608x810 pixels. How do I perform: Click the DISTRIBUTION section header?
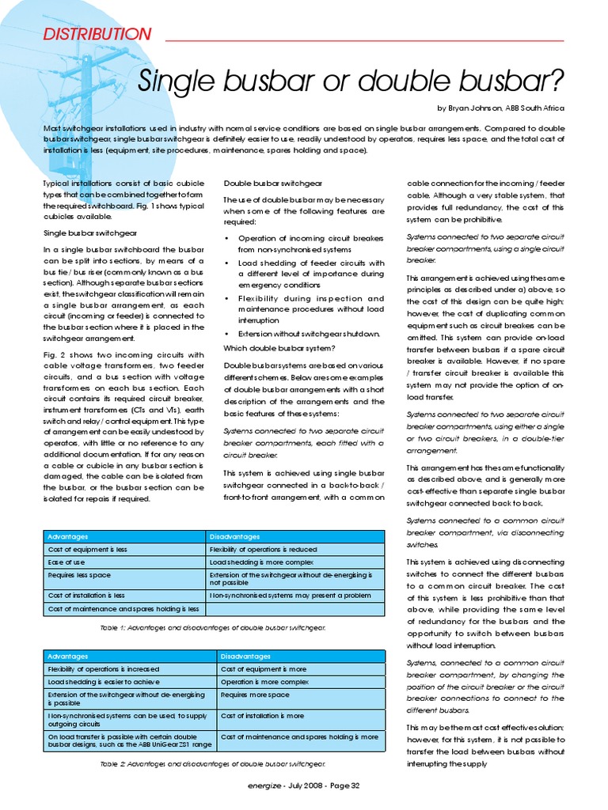tap(96, 34)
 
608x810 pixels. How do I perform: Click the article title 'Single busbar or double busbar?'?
tap(351, 79)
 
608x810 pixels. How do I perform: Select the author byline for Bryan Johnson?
tap(500, 108)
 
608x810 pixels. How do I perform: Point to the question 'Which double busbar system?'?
tap(278, 349)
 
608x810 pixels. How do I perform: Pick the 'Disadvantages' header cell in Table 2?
tap(245, 657)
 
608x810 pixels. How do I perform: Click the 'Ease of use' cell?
tap(67, 562)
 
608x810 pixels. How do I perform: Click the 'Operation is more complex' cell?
tap(264, 682)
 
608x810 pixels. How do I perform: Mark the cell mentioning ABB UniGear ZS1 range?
tap(129, 740)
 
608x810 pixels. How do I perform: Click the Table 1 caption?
tap(213, 626)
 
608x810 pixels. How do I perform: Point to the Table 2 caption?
tap(213, 764)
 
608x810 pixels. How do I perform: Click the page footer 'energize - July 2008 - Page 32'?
tap(304, 785)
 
